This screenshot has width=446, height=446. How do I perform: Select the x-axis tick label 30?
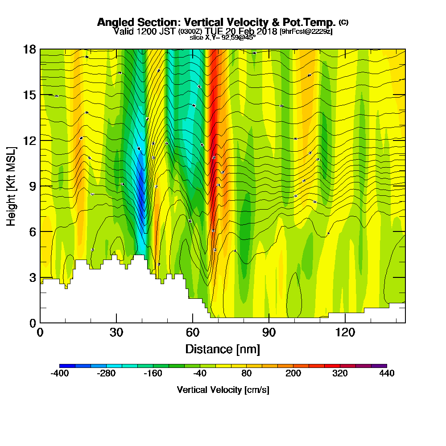pyautogui.click(x=116, y=332)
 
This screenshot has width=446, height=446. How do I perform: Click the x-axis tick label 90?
pyautogui.click(x=269, y=332)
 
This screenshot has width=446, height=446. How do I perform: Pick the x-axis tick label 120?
pyautogui.click(x=345, y=332)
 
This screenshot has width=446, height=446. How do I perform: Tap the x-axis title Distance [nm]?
pyautogui.click(x=223, y=349)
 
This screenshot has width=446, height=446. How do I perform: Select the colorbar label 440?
pyautogui.click(x=387, y=374)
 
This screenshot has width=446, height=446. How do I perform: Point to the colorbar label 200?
pyautogui.click(x=293, y=374)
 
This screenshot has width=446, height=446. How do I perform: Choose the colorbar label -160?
pyautogui.click(x=153, y=374)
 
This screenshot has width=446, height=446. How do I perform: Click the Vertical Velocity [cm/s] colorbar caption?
pyautogui.click(x=223, y=390)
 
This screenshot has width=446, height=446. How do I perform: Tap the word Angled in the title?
pyautogui.click(x=113, y=22)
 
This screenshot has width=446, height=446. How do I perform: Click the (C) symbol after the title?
pyautogui.click(x=344, y=22)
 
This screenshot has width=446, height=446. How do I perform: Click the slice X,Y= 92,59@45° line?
pyautogui.click(x=223, y=37)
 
